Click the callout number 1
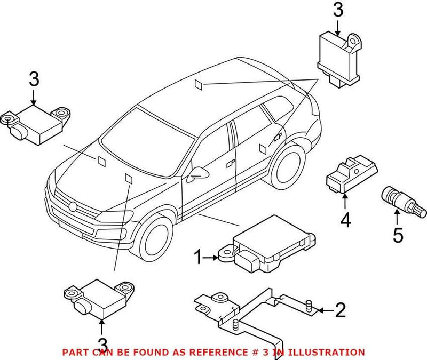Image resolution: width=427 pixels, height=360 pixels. tap(199, 258)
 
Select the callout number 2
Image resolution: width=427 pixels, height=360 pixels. tap(340, 309)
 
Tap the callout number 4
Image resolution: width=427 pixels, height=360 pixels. tap(345, 219)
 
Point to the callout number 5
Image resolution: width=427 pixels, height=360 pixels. tap(398, 235)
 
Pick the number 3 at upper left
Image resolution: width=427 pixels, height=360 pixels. tap(34, 80)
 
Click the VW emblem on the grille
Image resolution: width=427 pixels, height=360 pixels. tap(73, 206)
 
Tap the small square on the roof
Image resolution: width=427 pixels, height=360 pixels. tap(199, 83)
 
